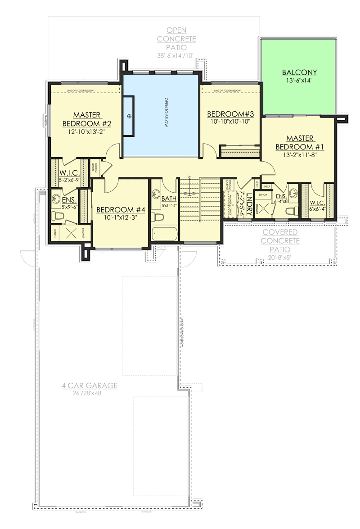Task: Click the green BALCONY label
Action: (x=299, y=72)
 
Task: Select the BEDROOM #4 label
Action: (x=121, y=210)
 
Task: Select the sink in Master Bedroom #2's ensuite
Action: (x=57, y=197)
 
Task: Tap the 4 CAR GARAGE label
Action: (x=90, y=385)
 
